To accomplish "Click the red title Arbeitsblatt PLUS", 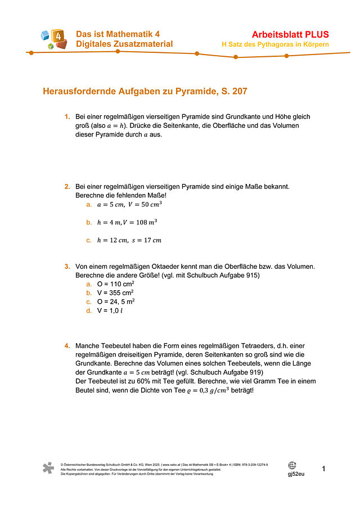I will click(x=291, y=34).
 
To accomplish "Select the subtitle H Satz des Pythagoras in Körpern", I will click(x=275, y=44).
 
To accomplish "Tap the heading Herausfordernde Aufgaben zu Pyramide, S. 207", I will click(x=145, y=91).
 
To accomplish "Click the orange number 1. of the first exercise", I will click(x=67, y=117).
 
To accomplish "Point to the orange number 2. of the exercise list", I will click(x=67, y=186).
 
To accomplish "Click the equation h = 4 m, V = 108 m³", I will click(x=127, y=223).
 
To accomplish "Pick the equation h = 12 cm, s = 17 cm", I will click(x=129, y=241).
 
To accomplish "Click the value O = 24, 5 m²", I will click(x=115, y=301).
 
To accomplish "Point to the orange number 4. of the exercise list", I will click(x=67, y=345).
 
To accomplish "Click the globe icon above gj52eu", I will click(x=292, y=465).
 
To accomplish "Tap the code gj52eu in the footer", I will click(x=296, y=474).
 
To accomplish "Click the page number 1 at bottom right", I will click(x=323, y=469).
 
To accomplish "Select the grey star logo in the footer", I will click(x=49, y=469).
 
